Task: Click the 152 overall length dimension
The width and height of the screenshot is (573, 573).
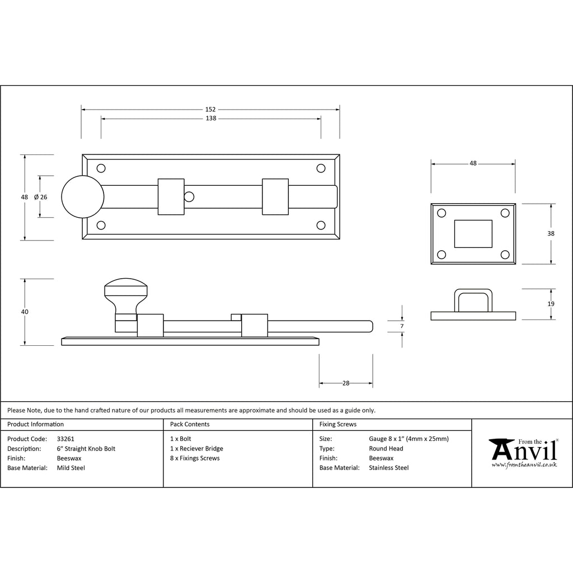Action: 210,110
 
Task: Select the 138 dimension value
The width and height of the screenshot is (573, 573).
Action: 210,119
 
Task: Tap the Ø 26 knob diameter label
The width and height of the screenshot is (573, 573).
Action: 40,197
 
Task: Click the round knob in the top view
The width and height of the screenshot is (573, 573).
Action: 82,197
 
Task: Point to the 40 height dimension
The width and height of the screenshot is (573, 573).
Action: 24,312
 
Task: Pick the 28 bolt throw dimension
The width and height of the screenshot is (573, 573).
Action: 346,383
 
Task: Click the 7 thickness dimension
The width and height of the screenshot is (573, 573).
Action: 402,326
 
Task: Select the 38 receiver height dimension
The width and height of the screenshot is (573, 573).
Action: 551,233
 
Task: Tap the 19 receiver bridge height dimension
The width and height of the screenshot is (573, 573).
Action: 551,304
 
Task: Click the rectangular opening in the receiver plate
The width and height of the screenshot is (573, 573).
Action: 473,233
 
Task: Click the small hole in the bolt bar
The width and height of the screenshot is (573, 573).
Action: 189,197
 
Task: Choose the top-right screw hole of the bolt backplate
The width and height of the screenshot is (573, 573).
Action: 321,168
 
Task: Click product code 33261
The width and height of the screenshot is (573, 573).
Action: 65,439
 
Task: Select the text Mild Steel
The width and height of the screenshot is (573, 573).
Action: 71,468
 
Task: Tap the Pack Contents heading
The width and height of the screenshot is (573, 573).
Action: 190,425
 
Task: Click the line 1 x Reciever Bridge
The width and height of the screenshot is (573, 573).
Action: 196,449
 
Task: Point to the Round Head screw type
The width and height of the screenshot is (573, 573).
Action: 386,449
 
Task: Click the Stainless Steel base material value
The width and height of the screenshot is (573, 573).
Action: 389,468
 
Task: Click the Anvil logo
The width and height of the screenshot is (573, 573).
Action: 523,453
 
